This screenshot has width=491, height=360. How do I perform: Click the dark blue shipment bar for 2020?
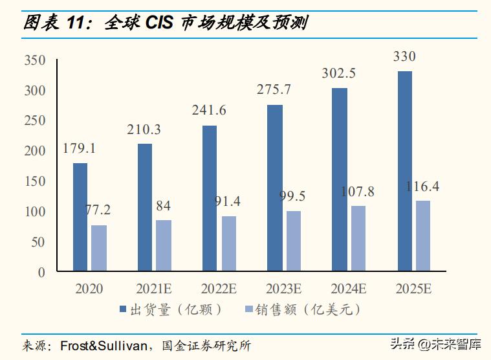click(80, 216)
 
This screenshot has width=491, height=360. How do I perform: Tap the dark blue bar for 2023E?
click(275, 188)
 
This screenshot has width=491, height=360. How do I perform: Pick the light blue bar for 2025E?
click(423, 235)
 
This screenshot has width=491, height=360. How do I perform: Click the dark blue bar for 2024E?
click(340, 179)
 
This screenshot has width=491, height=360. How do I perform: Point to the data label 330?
click(404, 57)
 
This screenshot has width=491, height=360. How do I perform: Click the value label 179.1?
click(79, 148)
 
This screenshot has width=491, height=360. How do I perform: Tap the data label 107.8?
click(358, 192)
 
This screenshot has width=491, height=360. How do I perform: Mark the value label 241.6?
click(209, 110)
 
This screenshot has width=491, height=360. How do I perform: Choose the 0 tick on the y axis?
click(41, 272)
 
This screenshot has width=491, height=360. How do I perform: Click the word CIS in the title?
click(159, 24)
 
